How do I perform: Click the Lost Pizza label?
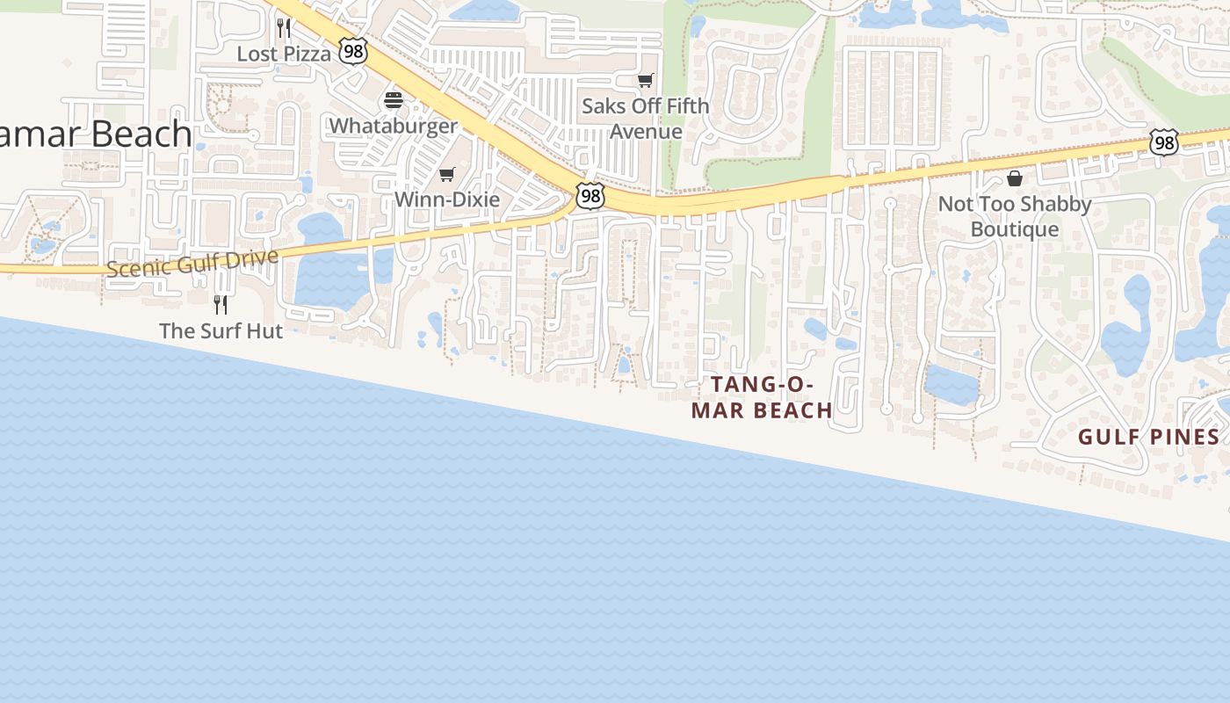pos(284,54)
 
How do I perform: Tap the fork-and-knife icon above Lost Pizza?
pos(284,28)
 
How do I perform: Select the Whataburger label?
pos(393,126)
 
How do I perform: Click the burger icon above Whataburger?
pos(393,99)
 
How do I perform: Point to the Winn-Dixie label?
pos(447,199)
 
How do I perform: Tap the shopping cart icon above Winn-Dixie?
pos(447,174)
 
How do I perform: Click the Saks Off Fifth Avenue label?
pos(646,119)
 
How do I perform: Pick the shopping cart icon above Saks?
pos(646,81)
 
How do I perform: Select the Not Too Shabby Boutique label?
pos(1015,216)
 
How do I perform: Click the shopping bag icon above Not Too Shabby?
pos(1015,178)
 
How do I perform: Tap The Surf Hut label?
pos(221,331)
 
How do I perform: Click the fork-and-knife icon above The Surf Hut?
pos(221,305)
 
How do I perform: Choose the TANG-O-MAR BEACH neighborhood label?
pos(762,397)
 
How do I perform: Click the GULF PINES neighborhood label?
pos(1149,437)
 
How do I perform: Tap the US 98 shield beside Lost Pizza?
pos(352,51)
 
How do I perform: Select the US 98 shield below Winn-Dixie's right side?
pos(590,196)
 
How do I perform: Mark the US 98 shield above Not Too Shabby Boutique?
pos(1164,142)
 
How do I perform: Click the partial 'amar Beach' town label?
pos(96,134)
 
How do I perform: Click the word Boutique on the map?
pos(1015,229)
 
